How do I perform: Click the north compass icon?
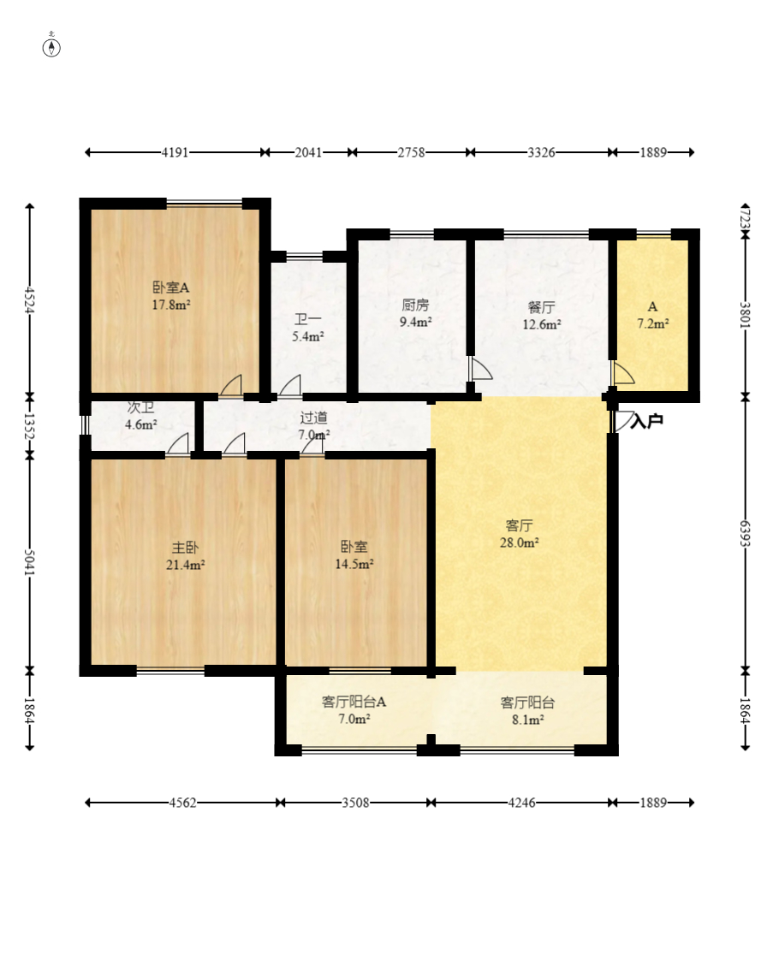coord(51,47)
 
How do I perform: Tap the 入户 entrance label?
coord(646,421)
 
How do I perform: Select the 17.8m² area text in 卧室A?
coord(171,305)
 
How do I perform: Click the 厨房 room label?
coord(415,305)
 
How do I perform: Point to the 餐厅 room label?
coord(541,307)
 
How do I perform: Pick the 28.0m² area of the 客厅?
coord(519,542)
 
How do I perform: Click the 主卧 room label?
coord(185,548)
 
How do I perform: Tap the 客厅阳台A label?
coord(354,702)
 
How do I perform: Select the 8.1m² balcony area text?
coord(527,720)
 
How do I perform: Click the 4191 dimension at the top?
coord(175,152)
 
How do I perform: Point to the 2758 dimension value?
coord(412,152)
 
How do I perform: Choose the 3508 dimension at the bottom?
coord(355,803)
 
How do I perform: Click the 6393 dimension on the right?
coord(745,534)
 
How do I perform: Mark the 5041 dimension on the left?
coord(29,562)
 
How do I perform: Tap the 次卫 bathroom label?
coord(140,407)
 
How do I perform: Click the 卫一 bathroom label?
coord(308,319)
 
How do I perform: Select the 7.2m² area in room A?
coord(653,323)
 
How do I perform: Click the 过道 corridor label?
coord(314,418)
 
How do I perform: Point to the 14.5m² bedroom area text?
coord(354,564)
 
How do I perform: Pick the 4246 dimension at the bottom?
coord(521,803)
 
